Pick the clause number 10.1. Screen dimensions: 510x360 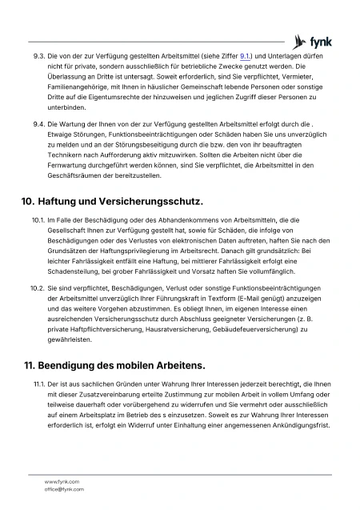click(x=38, y=219)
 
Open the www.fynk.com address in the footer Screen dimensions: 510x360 click(x=61, y=481)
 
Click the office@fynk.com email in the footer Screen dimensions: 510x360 click(x=64, y=488)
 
